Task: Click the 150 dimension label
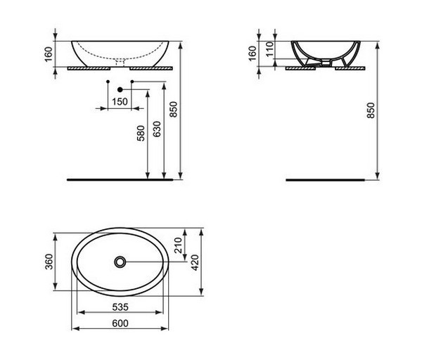pos(120,102)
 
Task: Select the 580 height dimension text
pos(141,133)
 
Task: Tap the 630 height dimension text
pos(157,129)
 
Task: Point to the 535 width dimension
pos(120,307)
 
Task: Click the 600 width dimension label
pos(120,323)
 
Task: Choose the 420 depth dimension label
pos(195,262)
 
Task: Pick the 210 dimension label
pos(179,245)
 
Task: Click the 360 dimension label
pos(49,262)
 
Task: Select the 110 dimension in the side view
pos(269,49)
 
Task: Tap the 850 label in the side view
pos(371,110)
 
